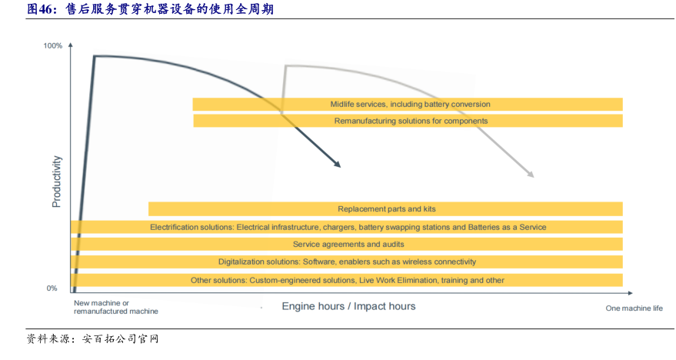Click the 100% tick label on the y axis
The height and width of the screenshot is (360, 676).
pyautogui.click(x=52, y=46)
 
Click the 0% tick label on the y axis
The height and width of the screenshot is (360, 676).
pyautogui.click(x=52, y=288)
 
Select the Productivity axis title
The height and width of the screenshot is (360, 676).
pyautogui.click(x=56, y=182)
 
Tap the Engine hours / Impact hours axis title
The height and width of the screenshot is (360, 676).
pyautogui.click(x=348, y=306)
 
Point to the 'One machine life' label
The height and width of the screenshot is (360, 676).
pyautogui.click(x=634, y=308)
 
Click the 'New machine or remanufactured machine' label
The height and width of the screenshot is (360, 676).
pyautogui.click(x=115, y=307)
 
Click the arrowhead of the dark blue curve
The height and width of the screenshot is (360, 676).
pyautogui.click(x=337, y=164)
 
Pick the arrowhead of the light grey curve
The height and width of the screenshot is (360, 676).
pyautogui.click(x=530, y=175)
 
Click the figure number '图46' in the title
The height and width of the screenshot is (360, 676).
pyautogui.click(x=40, y=9)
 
